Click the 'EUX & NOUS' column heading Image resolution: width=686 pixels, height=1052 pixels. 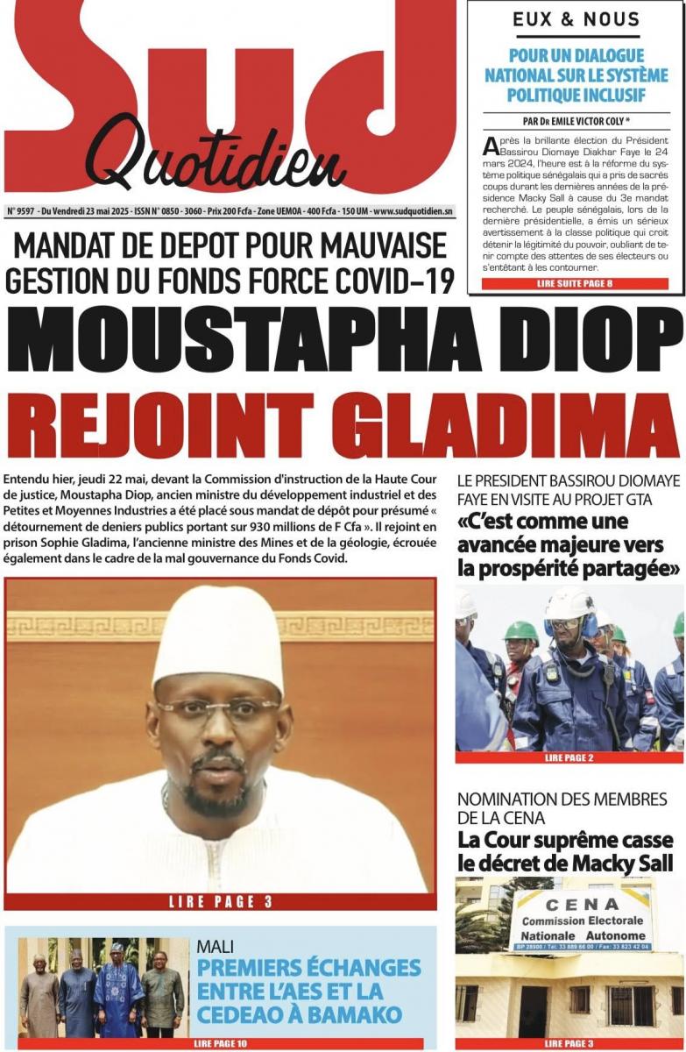(x=576, y=19)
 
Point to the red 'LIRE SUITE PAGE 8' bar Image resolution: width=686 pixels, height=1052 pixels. (x=575, y=284)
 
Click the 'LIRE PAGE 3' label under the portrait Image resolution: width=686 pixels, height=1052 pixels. (x=221, y=901)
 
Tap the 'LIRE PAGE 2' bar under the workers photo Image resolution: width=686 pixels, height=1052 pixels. (x=569, y=757)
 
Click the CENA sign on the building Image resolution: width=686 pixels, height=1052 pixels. (x=581, y=920)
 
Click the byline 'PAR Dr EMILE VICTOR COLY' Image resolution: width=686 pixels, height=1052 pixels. (x=574, y=121)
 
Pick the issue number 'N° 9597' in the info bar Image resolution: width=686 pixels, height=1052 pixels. (x=23, y=211)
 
